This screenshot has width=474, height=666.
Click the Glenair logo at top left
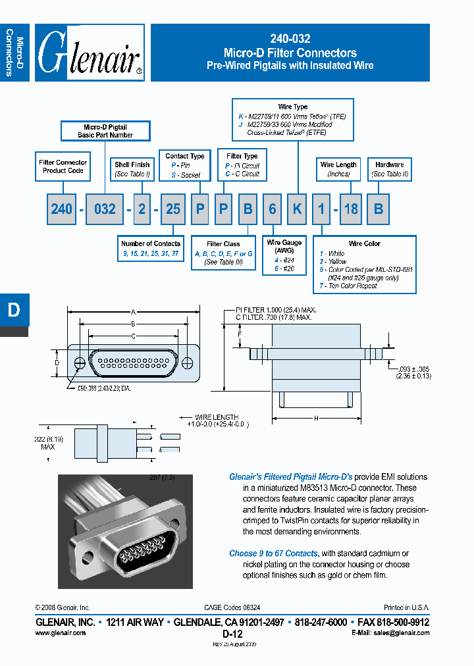click(89, 53)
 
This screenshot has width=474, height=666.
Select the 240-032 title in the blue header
click(290, 39)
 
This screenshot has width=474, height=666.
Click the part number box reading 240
click(62, 209)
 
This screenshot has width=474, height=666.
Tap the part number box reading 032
click(105, 209)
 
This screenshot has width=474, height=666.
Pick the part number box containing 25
click(173, 209)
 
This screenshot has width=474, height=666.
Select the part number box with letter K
click(297, 209)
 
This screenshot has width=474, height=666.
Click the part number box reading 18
click(352, 209)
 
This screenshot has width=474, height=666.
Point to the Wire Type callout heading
click(293, 107)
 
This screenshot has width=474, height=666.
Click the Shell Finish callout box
click(132, 169)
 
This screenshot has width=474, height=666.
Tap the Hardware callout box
click(390, 169)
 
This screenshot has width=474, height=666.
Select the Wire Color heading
click(365, 243)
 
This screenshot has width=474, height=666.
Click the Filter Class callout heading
click(223, 244)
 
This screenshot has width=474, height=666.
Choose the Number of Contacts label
click(151, 243)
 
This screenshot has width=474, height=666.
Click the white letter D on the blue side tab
click(14, 310)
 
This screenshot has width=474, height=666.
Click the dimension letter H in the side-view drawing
click(317, 418)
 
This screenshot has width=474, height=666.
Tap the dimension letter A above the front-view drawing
click(134, 312)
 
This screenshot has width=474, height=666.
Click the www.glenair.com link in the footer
click(59, 632)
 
